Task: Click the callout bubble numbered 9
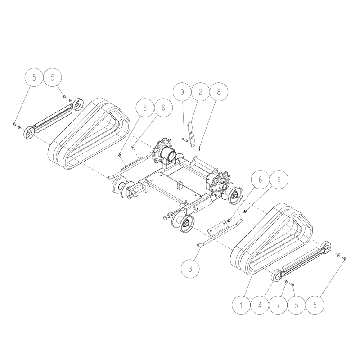[182, 92]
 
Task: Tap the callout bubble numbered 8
[219, 92]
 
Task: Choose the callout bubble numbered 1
[241, 305]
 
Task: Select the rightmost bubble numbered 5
[315, 305]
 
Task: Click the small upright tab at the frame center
[180, 185]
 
